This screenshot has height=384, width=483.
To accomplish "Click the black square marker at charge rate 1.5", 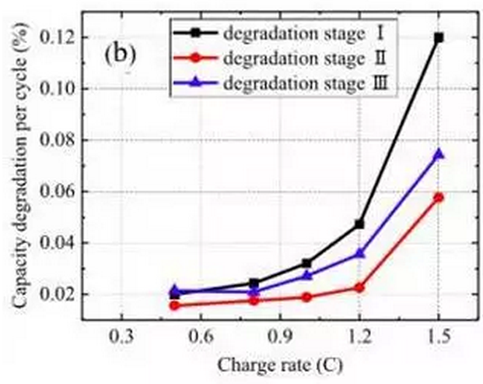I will point(439,37).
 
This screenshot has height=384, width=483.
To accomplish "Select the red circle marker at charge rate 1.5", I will point(439,197).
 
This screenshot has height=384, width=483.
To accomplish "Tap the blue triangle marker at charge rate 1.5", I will point(439,153).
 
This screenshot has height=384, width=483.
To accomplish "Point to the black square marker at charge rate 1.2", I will point(359,224).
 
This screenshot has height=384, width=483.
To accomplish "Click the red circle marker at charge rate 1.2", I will point(359,287).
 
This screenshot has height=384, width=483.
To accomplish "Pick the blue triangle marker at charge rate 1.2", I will point(359,252).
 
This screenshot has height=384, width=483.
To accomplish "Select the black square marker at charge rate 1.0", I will point(306,262).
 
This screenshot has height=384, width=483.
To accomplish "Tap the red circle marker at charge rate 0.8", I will point(254,300).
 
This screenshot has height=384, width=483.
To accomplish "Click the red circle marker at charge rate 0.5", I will point(174,305).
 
